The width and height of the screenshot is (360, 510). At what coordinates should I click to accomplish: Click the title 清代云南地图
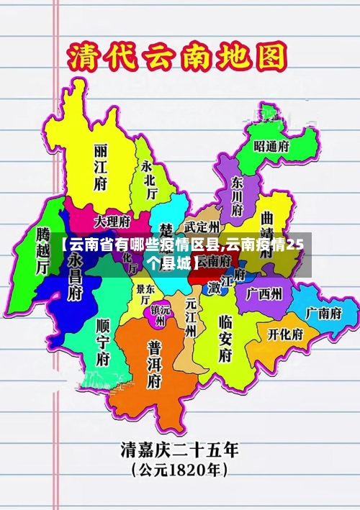coord(176,57)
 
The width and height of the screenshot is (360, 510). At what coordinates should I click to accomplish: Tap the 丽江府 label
coord(101,167)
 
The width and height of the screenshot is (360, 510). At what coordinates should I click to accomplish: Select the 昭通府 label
coord(271,145)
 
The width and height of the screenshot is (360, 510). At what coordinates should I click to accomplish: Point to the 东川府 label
coord(238,196)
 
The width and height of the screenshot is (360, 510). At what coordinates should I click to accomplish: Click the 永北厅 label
coord(149,179)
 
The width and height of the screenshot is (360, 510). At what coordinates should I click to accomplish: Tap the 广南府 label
coord(322,313)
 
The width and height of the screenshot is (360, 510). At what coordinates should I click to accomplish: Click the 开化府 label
coord(285,334)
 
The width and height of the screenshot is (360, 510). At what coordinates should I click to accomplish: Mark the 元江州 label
coord(191,317)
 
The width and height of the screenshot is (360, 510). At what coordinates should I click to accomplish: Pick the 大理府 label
coord(112,220)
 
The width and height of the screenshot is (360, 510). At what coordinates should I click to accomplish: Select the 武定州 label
coord(196,227)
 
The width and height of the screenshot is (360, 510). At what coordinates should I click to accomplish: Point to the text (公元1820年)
coord(180,472)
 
